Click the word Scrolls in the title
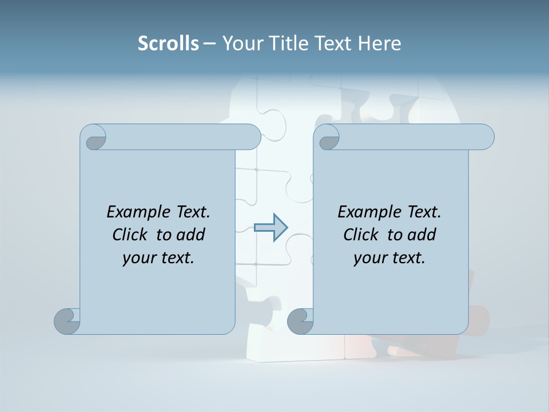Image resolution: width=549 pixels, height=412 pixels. pyautogui.click(x=168, y=43)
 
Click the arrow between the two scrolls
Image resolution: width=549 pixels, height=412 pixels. pyautogui.click(x=270, y=228)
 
